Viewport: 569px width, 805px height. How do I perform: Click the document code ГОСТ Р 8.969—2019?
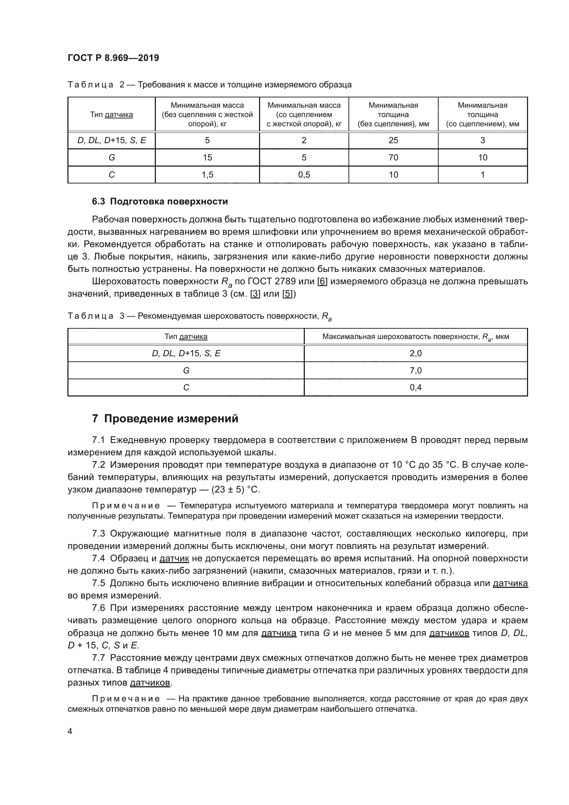click(x=113, y=58)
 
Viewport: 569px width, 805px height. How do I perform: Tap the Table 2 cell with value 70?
click(x=393, y=158)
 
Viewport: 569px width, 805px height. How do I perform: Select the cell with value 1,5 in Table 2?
click(x=207, y=175)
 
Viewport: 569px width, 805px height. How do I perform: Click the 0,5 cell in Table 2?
click(x=304, y=175)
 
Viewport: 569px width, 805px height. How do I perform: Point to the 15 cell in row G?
click(x=207, y=158)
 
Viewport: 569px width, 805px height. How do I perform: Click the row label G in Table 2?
click(x=111, y=158)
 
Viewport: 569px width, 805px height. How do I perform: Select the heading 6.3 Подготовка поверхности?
click(x=160, y=202)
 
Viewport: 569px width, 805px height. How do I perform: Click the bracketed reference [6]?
click(x=322, y=282)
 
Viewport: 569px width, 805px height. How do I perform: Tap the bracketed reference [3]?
click(x=255, y=294)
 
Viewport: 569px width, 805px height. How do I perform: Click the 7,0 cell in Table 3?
click(x=416, y=371)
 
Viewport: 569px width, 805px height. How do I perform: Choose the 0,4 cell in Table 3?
click(x=416, y=388)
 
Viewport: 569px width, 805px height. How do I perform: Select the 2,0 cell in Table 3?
click(x=416, y=353)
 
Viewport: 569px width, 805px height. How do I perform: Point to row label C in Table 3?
click(x=186, y=388)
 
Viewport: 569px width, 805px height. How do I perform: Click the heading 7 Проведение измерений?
click(x=165, y=419)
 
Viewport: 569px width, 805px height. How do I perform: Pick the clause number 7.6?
click(x=98, y=608)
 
